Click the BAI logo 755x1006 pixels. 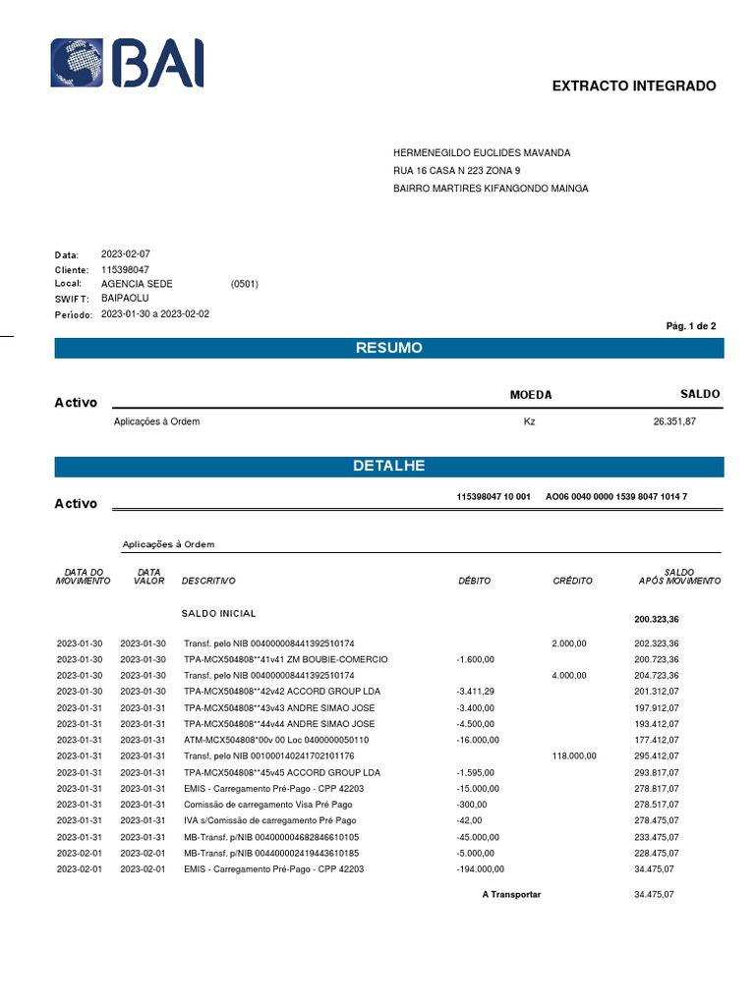(128, 64)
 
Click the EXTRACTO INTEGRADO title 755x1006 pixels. (634, 86)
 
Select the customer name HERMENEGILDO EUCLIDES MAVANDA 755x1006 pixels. (482, 153)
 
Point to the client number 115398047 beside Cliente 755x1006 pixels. (125, 269)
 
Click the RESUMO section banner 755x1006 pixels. (388, 348)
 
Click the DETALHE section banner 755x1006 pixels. (388, 466)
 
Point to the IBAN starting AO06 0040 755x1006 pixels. (615, 497)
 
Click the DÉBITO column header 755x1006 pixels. (474, 581)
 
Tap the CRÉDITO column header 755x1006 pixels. (572, 581)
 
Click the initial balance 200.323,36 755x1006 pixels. (657, 620)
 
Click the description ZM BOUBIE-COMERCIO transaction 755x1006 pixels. (285, 658)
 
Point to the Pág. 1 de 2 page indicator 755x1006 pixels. (691, 325)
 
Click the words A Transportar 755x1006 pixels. (511, 895)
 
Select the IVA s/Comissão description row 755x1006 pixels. (269, 820)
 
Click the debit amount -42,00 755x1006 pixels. (469, 820)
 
